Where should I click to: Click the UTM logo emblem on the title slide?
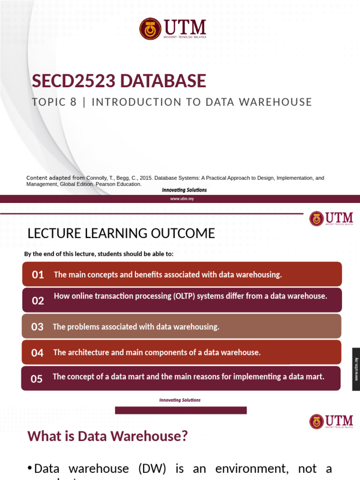150,29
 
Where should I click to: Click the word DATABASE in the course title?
163,81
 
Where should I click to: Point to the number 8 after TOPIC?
73,102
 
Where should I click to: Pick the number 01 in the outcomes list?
38,275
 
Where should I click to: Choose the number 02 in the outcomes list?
38,301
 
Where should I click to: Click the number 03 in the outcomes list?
37,327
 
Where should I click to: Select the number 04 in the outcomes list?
37,353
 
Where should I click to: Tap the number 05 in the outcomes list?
37,379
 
